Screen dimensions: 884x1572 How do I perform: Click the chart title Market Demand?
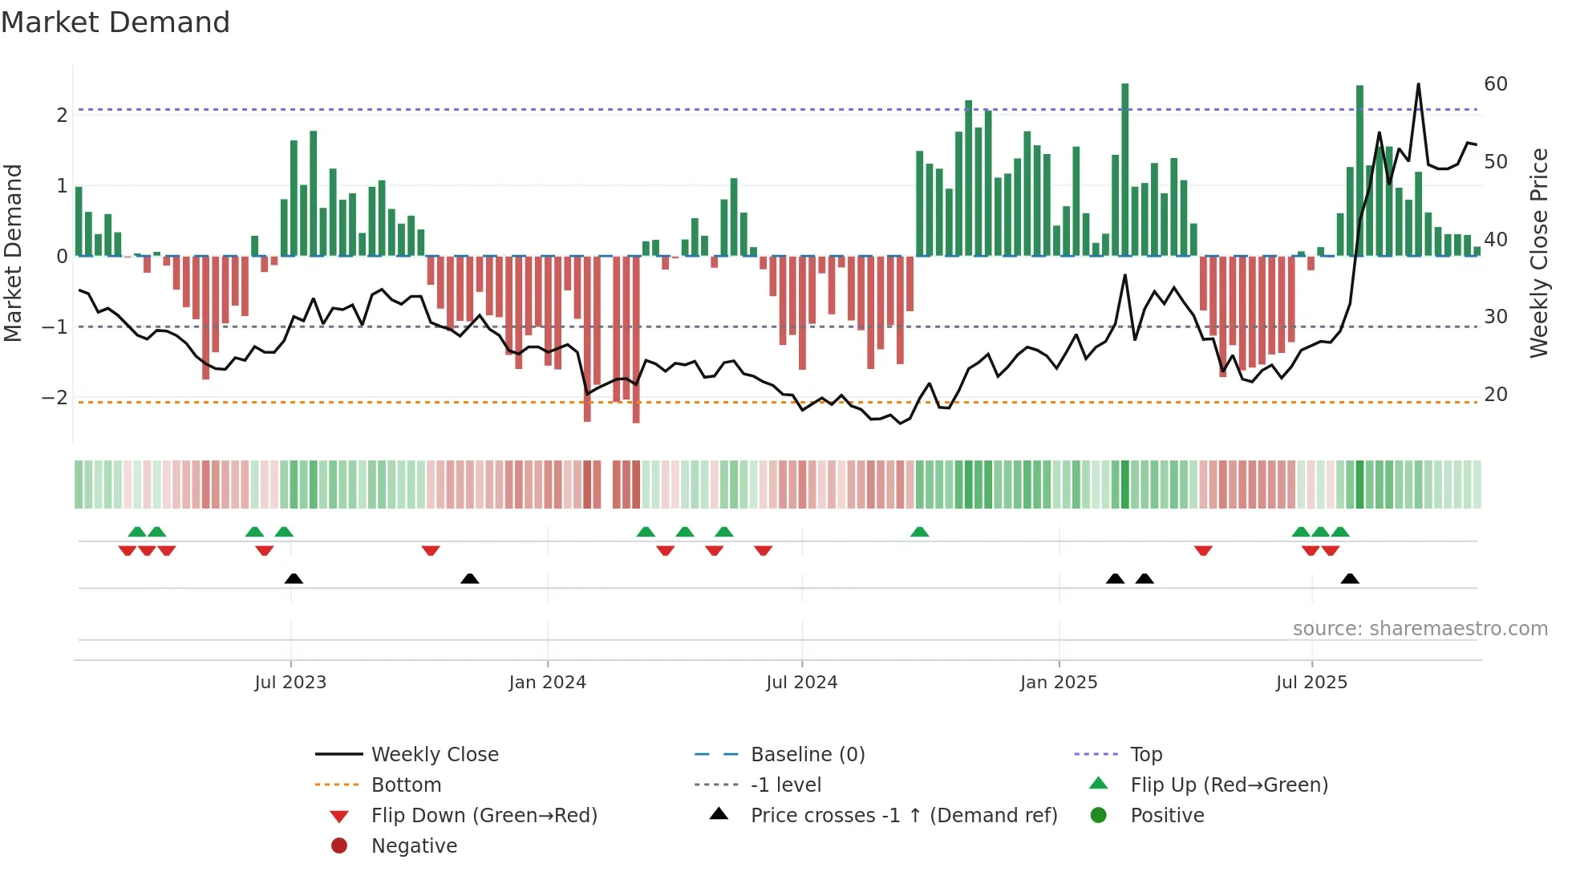coord(115,22)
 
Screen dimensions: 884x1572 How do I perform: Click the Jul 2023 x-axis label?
coord(290,683)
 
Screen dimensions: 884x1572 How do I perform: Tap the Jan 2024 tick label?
coord(547,683)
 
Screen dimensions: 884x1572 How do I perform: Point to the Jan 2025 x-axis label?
coord(1059,683)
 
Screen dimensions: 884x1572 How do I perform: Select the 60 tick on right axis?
coord(1495,84)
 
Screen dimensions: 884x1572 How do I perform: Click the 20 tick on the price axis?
coord(1495,395)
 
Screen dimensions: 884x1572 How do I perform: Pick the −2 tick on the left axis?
coord(55,398)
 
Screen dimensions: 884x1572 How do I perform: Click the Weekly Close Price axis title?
coord(1538,253)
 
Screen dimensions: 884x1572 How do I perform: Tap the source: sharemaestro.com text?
coord(1420,629)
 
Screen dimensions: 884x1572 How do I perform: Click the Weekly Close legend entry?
coord(434,755)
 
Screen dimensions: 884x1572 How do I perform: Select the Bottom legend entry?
coord(406,785)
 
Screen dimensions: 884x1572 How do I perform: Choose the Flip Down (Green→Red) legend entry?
coord(484,816)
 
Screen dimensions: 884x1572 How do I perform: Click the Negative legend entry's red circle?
coord(339,846)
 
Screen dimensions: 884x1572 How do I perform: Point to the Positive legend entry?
coord(1167,816)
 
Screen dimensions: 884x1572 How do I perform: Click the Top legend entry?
coord(1146,755)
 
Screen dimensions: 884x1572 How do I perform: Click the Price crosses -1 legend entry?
coord(903,816)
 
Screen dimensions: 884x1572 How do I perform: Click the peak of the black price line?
coord(1418,84)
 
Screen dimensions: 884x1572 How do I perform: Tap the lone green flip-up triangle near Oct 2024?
coord(920,532)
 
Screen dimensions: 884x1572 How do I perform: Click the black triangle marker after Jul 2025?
coord(1350,578)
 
